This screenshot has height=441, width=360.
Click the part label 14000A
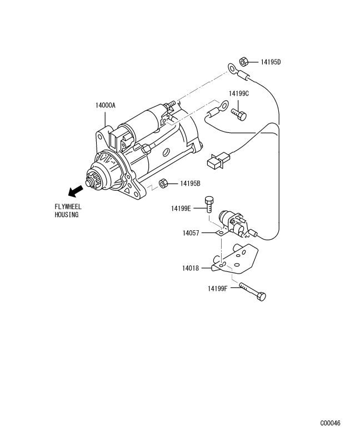click(106, 106)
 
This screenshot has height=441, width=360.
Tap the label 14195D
click(271, 62)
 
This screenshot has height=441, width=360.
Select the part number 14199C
click(238, 93)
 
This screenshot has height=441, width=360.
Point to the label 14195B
click(190, 184)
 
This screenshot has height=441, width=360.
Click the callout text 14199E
click(181, 209)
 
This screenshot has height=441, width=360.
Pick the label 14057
click(191, 233)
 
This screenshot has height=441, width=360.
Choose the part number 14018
click(191, 268)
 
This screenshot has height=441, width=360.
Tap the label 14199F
click(217, 289)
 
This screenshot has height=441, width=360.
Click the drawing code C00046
click(330, 423)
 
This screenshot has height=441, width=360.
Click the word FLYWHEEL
click(68, 207)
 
